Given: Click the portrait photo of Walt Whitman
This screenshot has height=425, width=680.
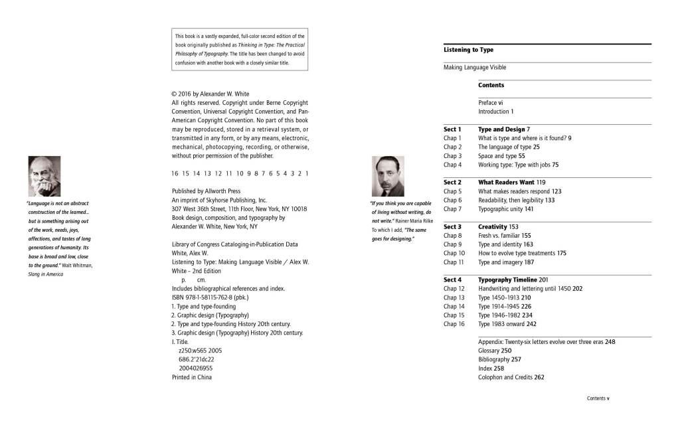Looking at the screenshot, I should [44, 176].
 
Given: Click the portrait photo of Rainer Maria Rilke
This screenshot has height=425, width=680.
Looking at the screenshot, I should [388, 176].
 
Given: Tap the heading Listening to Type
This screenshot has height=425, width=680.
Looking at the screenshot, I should [468, 50].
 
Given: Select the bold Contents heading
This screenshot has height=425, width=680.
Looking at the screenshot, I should [491, 85].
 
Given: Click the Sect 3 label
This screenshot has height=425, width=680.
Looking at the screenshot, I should [452, 226].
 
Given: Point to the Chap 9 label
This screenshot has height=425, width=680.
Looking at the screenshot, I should [452, 244].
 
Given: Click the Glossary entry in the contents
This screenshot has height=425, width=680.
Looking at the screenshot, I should [494, 351].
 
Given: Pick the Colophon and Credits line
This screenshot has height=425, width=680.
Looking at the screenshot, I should [511, 377].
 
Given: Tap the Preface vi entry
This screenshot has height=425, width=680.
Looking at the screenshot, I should [491, 103].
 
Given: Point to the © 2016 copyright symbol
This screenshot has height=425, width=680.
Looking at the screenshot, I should [174, 94].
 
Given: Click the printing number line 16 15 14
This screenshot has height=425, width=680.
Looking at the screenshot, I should [239, 173].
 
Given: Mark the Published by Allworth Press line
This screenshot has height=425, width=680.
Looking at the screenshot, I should [206, 191].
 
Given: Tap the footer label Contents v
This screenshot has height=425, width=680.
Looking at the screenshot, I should [598, 398].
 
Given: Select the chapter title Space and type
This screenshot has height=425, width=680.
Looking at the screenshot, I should [497, 155].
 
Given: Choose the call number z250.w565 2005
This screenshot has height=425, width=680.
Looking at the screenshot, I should [200, 351].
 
